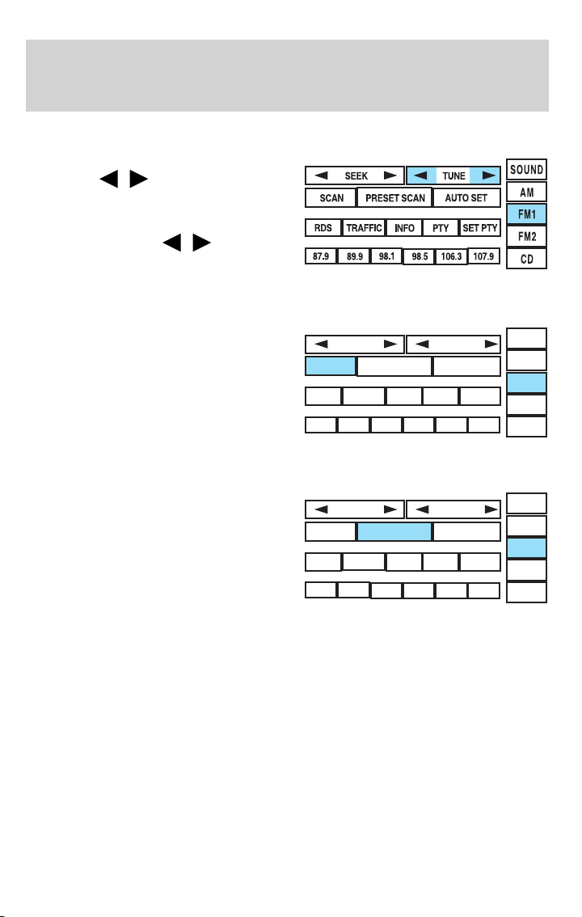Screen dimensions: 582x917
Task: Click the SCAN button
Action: (x=331, y=198)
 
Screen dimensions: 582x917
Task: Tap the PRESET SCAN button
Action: (x=394, y=198)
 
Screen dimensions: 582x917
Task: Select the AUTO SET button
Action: (x=466, y=198)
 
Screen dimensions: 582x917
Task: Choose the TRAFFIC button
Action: (x=364, y=229)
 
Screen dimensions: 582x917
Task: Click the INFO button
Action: (x=404, y=229)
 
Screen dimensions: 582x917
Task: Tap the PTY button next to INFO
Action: (x=441, y=229)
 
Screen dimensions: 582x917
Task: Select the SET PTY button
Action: (x=480, y=229)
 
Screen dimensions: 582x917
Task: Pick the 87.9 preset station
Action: (x=321, y=257)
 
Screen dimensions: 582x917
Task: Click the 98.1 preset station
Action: (x=386, y=257)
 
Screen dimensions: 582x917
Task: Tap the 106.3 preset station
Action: (x=450, y=257)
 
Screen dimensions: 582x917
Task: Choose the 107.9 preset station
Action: (x=483, y=257)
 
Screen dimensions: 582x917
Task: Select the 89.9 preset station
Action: (x=353, y=257)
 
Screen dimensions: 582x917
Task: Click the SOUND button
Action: (x=526, y=171)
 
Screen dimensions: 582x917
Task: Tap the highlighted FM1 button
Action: (x=526, y=214)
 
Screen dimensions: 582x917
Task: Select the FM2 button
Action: (x=526, y=237)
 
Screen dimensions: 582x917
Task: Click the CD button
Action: (x=526, y=260)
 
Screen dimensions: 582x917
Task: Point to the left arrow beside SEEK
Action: (x=321, y=175)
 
